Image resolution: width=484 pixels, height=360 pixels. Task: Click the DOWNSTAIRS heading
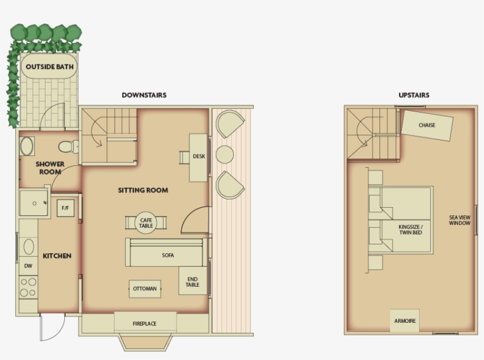tap(144, 95)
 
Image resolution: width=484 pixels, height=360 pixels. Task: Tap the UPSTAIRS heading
tap(414, 95)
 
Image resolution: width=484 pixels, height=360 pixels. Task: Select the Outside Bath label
tap(50, 67)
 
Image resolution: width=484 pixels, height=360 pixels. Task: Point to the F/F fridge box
tap(65, 208)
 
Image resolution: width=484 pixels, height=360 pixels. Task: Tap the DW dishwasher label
tap(28, 266)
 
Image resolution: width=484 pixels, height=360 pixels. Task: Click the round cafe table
tap(146, 222)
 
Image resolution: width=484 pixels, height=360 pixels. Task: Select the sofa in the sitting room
tap(168, 256)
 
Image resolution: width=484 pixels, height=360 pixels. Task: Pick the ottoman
tap(145, 289)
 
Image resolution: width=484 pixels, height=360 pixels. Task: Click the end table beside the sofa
tap(192, 282)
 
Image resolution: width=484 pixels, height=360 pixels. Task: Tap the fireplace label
tap(145, 323)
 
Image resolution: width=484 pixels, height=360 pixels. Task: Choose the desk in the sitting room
tap(198, 156)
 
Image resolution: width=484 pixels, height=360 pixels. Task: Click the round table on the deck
tap(225, 155)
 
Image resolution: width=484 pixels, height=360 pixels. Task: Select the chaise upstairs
tap(427, 125)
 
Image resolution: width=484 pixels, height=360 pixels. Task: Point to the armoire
tap(404, 321)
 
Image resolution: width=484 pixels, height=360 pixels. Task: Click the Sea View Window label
tap(460, 220)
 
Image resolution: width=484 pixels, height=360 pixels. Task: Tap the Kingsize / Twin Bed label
tap(410, 229)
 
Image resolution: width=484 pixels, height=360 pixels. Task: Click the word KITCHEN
tap(57, 256)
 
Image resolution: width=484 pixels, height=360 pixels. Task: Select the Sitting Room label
tap(143, 190)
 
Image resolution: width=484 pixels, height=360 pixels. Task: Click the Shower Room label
tap(50, 168)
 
